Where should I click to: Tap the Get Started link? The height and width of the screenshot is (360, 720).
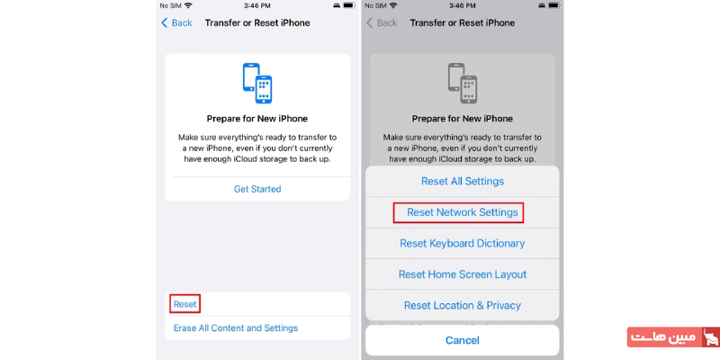pyautogui.click(x=257, y=189)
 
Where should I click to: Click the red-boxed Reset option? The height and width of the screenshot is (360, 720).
pyautogui.click(x=184, y=304)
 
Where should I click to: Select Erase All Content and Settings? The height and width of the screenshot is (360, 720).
pyautogui.click(x=236, y=328)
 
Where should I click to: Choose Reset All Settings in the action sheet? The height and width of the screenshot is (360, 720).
pyautogui.click(x=462, y=181)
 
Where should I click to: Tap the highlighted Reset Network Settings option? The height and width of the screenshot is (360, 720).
pyautogui.click(x=462, y=212)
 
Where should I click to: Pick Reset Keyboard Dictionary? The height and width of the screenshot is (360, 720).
pyautogui.click(x=462, y=243)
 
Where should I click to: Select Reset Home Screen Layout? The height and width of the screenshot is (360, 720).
pyautogui.click(x=462, y=274)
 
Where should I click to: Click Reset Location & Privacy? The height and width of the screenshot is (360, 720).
pyautogui.click(x=462, y=305)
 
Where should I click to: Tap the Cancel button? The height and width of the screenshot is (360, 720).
pyautogui.click(x=462, y=340)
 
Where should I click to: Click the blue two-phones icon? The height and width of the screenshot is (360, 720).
pyautogui.click(x=257, y=83)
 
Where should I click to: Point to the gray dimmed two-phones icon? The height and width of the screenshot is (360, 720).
pyautogui.click(x=462, y=83)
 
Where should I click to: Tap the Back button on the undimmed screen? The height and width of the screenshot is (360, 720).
pyautogui.click(x=176, y=22)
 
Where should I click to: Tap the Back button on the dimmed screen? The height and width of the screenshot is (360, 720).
pyautogui.click(x=381, y=22)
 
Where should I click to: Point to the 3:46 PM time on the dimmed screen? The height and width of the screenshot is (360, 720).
pyautogui.click(x=462, y=5)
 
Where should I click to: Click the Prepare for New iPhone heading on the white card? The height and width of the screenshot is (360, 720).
pyautogui.click(x=257, y=119)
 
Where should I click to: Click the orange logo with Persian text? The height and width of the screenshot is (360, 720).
pyautogui.click(x=671, y=337)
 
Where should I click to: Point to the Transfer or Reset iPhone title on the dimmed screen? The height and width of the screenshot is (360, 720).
pyautogui.click(x=462, y=22)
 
